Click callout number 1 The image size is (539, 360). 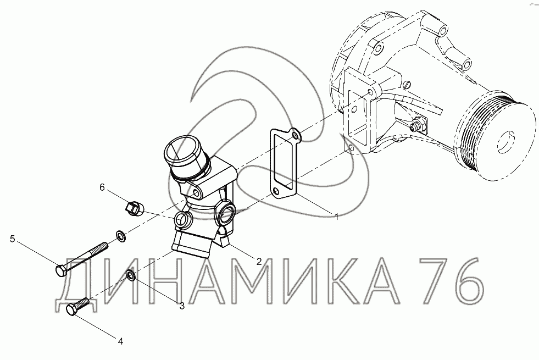(x=337, y=217)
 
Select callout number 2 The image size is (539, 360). (x=259, y=261)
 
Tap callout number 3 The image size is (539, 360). (x=182, y=306)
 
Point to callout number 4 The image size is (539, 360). (x=120, y=341)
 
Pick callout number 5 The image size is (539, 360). (x=13, y=239)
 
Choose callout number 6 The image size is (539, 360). (x=102, y=187)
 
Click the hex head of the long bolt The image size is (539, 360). (x=61, y=270)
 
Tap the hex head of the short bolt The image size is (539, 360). (x=72, y=311)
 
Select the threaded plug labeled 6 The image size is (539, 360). (x=134, y=208)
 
